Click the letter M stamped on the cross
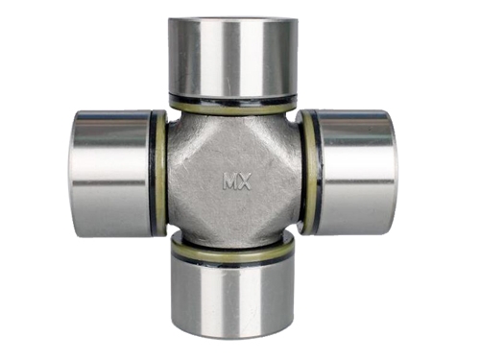[229, 182]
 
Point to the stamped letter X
[244, 182]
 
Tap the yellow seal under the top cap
[232, 109]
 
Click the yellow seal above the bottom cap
[232, 251]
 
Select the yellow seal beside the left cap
[161, 174]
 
